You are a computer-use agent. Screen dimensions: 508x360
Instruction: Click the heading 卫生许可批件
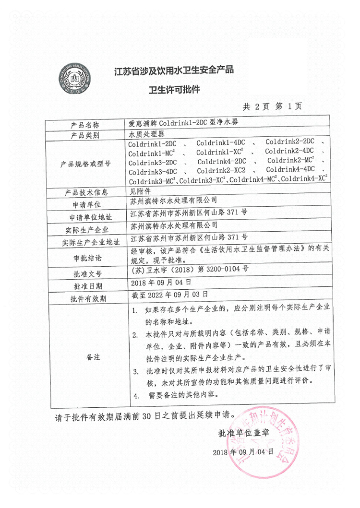click(x=174, y=89)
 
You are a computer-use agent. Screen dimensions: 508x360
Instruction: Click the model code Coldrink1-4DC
click(x=221, y=143)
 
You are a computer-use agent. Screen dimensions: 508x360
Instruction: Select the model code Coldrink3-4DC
click(x=153, y=171)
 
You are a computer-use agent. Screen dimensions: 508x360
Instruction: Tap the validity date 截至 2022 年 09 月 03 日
click(x=170, y=294)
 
